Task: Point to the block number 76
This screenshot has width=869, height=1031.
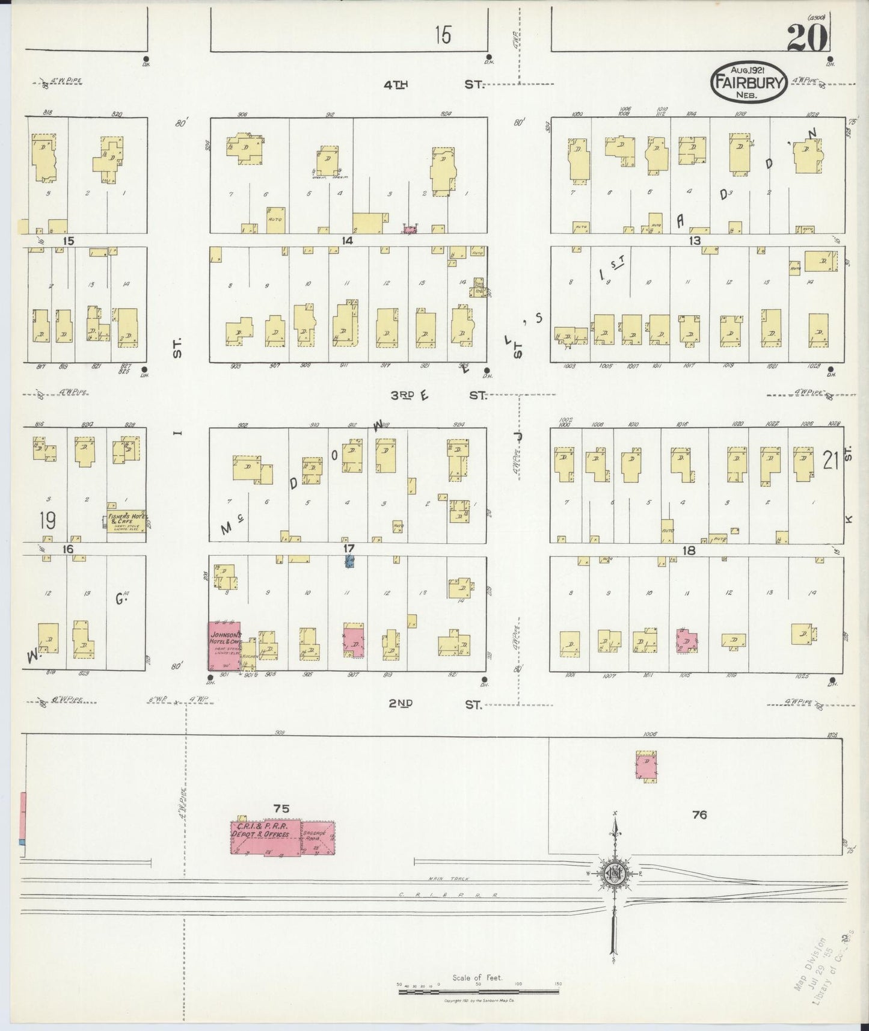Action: tap(699, 815)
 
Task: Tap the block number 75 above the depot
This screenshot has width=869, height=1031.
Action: tap(281, 809)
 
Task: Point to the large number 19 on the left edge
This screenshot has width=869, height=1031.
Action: tap(47, 520)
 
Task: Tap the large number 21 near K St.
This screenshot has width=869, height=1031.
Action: tap(830, 461)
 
